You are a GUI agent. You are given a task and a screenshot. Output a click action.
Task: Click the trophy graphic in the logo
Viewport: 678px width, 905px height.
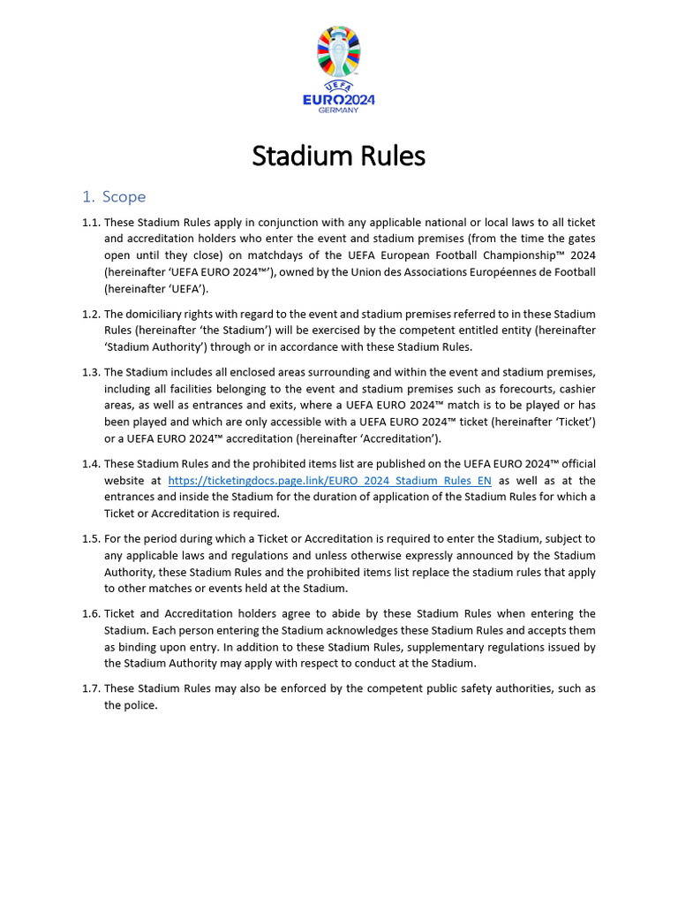[338, 51]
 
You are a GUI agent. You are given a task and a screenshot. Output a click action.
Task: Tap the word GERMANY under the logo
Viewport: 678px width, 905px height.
[338, 110]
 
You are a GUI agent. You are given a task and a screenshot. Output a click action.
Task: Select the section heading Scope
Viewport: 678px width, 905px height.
[124, 196]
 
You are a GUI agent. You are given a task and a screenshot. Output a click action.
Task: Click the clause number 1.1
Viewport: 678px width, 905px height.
[91, 222]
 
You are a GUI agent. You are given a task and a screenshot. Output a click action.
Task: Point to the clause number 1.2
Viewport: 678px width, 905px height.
[91, 314]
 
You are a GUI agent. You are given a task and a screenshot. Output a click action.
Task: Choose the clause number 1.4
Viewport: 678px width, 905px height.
[91, 464]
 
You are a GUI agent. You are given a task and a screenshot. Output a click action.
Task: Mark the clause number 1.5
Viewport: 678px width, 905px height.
[91, 538]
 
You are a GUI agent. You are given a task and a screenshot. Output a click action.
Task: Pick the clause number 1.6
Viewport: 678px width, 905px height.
[91, 613]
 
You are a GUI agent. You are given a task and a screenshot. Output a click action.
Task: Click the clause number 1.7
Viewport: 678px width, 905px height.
[91, 688]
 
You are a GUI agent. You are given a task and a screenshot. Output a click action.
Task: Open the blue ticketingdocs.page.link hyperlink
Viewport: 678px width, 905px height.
[329, 481]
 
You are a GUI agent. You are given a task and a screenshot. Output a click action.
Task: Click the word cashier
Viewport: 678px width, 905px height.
[574, 389]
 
